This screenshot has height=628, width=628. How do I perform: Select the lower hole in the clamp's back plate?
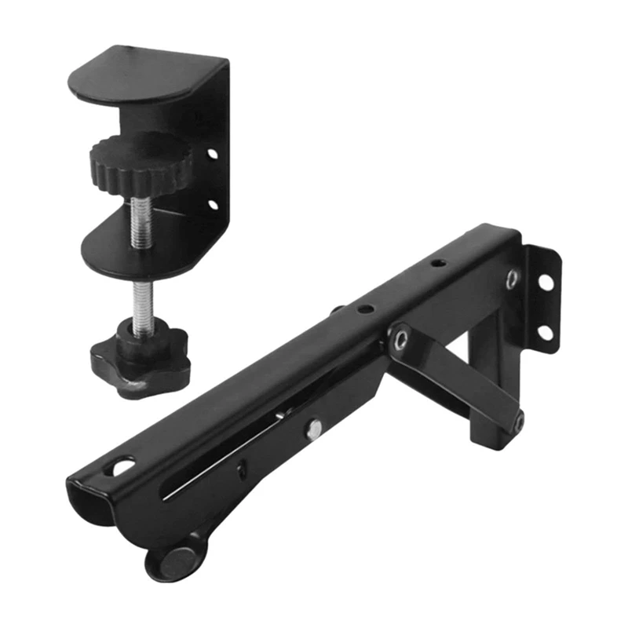click(x=212, y=205)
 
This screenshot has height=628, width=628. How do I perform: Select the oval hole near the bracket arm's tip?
click(x=124, y=469)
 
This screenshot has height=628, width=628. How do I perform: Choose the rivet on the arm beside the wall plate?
click(x=511, y=278)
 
